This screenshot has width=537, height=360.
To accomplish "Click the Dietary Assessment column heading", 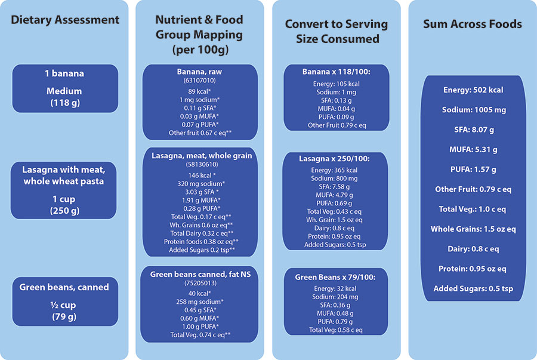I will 65,20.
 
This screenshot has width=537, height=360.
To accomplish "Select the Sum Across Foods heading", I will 472,24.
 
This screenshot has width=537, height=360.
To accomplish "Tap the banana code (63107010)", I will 200,80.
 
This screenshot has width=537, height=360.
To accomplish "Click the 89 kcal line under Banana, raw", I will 200,90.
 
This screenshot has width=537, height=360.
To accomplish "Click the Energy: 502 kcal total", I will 473,90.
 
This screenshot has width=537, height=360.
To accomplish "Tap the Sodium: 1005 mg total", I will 473,110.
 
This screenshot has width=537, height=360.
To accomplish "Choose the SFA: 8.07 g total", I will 473,130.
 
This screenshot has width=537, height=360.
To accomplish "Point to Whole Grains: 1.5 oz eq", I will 473,229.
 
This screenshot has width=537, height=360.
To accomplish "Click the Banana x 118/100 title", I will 337,72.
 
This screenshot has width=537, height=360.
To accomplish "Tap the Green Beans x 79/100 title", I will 337,277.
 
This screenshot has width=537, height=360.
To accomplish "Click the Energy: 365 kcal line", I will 337,170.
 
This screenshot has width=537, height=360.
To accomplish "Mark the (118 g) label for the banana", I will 65,103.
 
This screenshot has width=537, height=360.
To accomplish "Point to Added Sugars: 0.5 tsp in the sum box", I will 473,289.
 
